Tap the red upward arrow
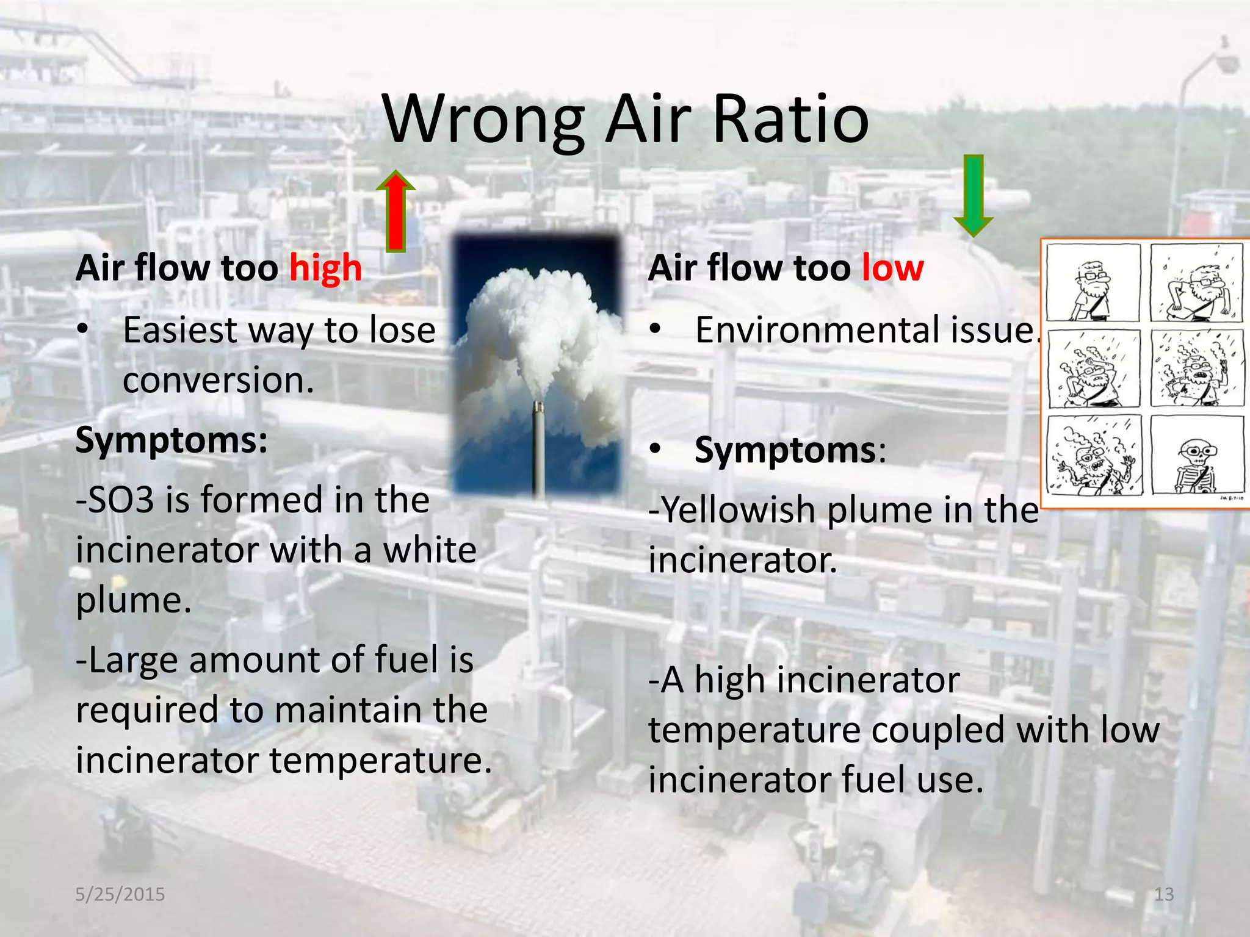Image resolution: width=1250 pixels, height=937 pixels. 396,211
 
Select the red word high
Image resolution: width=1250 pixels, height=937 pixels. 325,268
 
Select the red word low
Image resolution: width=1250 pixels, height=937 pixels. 893,268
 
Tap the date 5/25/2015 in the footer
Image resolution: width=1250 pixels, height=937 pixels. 120,894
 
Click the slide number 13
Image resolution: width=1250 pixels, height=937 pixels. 1164,894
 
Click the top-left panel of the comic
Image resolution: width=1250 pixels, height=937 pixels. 1093,283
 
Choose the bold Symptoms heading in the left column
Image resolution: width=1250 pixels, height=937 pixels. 172,440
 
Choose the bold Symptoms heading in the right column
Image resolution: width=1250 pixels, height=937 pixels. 786,451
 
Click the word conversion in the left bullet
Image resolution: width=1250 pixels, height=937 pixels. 218,381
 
